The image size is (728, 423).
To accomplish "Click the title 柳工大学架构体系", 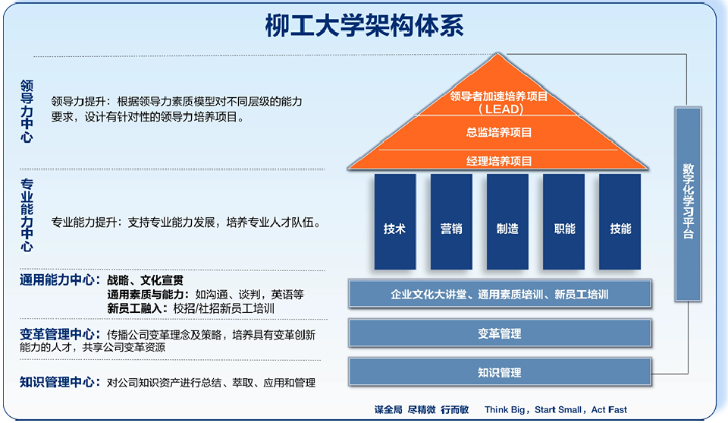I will pos(364,24).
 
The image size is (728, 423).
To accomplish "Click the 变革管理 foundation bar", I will pos(500,333).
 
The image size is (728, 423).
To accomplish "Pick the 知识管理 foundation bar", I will pos(500,372).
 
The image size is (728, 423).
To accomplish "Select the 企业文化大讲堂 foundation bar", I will pos(500,294).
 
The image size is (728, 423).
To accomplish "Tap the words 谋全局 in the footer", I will pos(388,410).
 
